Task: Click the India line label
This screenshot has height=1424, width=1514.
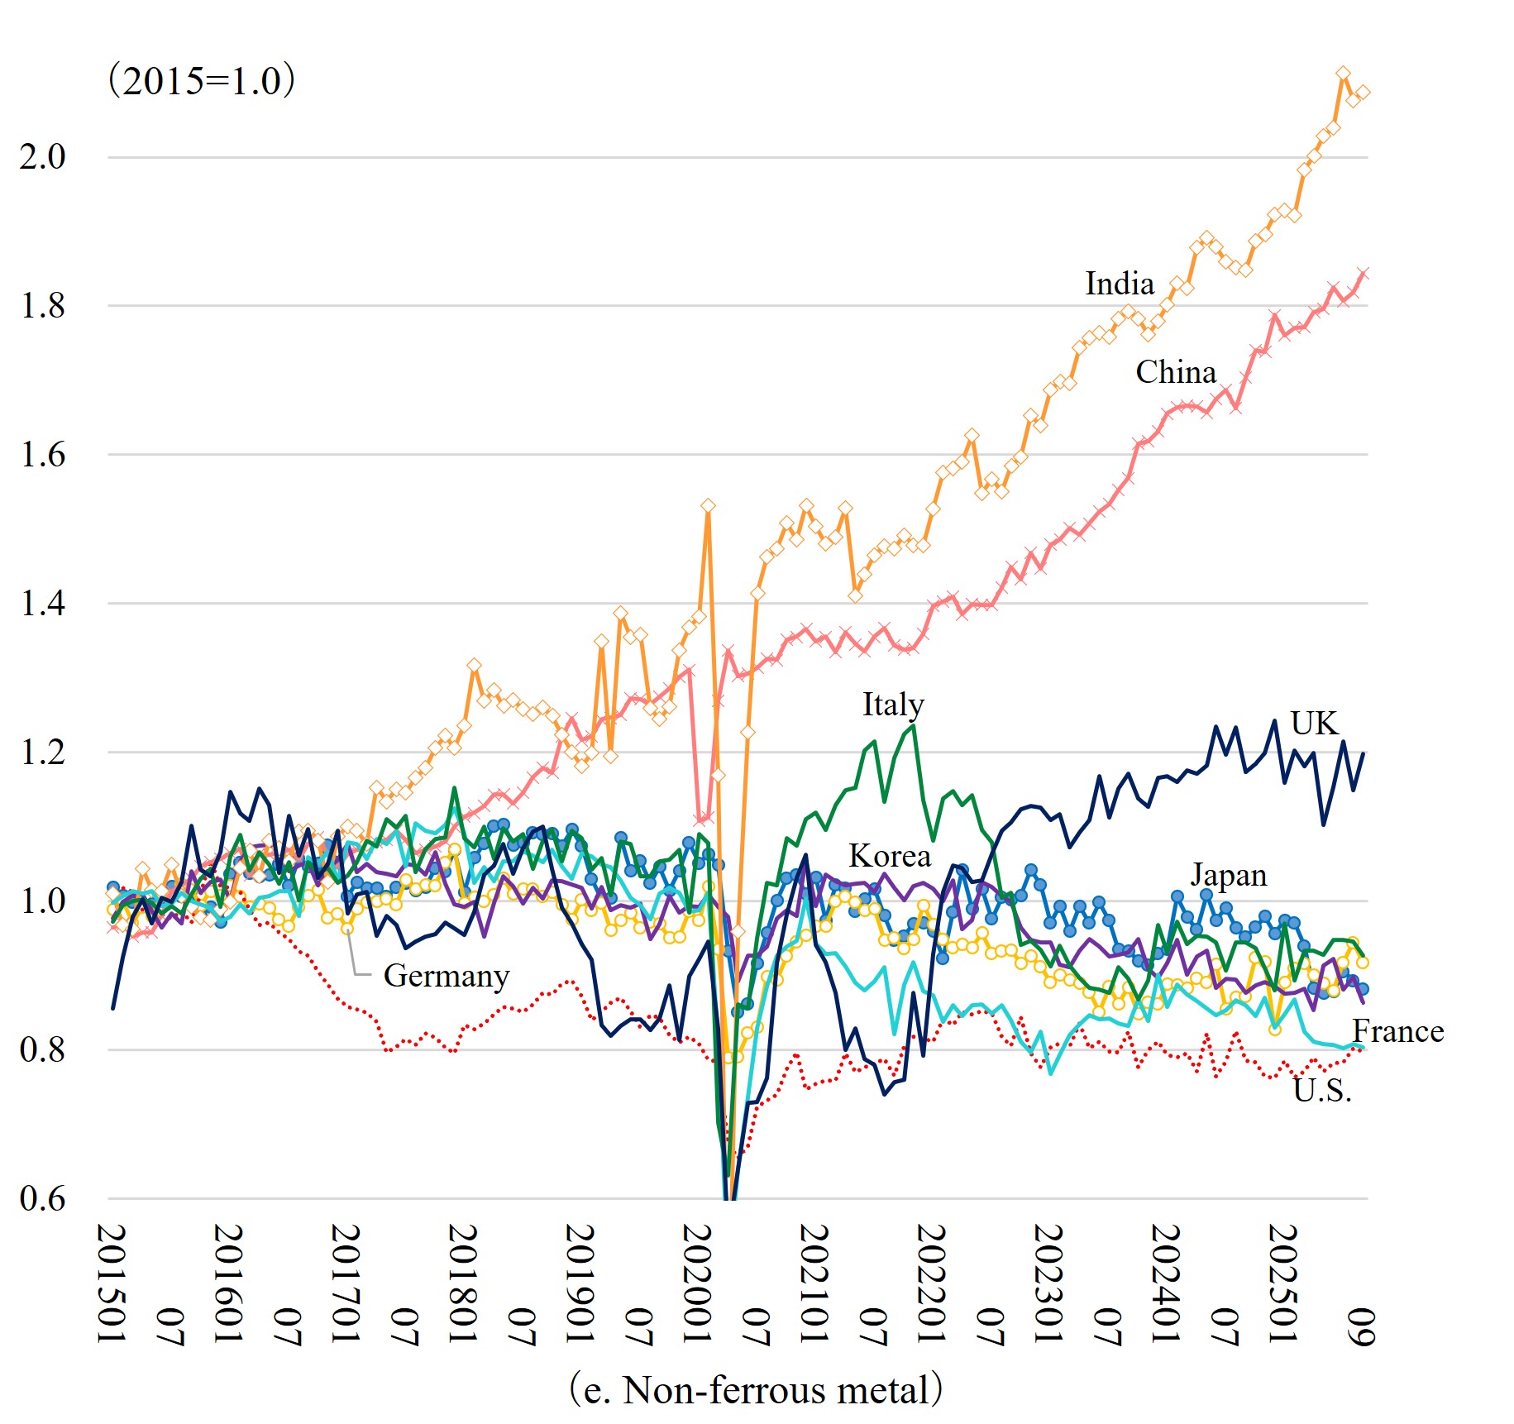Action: tap(1119, 284)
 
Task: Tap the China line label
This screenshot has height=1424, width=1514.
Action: tap(1175, 372)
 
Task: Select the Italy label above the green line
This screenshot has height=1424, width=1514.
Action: tap(893, 705)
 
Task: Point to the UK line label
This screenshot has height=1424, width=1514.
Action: tap(1313, 724)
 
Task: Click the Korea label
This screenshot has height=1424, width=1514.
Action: tap(890, 856)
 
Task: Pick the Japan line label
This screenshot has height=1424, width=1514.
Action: tap(1228, 875)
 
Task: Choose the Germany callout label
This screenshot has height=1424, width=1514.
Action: tap(446, 976)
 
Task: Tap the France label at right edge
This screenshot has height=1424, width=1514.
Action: tap(1397, 1031)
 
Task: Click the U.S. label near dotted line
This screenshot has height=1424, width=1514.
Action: tap(1322, 1092)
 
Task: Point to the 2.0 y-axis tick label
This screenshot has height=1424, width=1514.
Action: tap(43, 156)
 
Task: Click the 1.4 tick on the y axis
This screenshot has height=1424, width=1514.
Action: tap(43, 603)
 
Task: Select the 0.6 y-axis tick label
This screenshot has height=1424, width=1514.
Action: tap(43, 1198)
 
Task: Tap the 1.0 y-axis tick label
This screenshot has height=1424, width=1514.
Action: tap(43, 901)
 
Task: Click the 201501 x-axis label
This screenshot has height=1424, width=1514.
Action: tap(112, 1283)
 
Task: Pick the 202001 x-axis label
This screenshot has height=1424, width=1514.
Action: tap(698, 1283)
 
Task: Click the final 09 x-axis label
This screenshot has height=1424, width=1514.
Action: tap(1362, 1326)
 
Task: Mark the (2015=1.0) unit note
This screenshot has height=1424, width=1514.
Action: tap(202, 81)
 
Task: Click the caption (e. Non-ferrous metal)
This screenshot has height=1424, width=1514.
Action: tap(756, 1389)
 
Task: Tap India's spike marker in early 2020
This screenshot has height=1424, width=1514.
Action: tap(708, 505)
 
